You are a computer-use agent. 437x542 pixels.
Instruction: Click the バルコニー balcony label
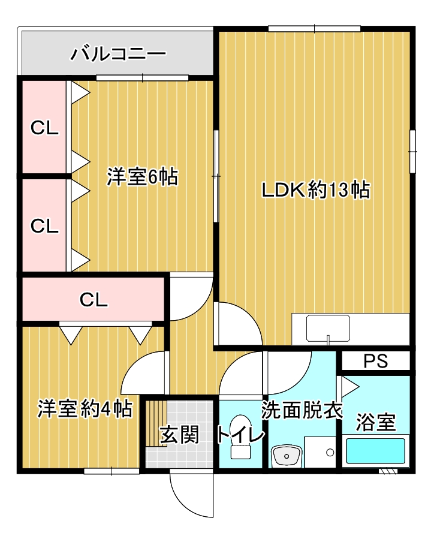coord(118,55)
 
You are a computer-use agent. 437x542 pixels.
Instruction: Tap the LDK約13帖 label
coord(315,190)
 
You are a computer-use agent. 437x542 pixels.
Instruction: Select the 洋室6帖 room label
coord(143,177)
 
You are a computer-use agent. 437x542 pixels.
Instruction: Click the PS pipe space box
coord(376,362)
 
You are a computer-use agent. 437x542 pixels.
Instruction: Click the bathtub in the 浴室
coord(376,450)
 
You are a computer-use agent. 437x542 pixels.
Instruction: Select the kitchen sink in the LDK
coord(328,329)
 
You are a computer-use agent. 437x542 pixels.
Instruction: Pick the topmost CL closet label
coord(45,128)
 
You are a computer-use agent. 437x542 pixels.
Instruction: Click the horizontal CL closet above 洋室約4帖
coord(94,299)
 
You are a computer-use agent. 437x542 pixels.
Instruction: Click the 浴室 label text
coord(376,421)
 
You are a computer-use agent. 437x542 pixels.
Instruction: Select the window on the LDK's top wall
coord(314,28)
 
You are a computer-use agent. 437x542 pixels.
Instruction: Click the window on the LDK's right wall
coord(412,151)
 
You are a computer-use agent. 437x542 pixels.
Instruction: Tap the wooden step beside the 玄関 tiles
coord(155,423)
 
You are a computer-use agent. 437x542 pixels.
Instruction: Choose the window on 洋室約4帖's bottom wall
coord(111,471)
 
